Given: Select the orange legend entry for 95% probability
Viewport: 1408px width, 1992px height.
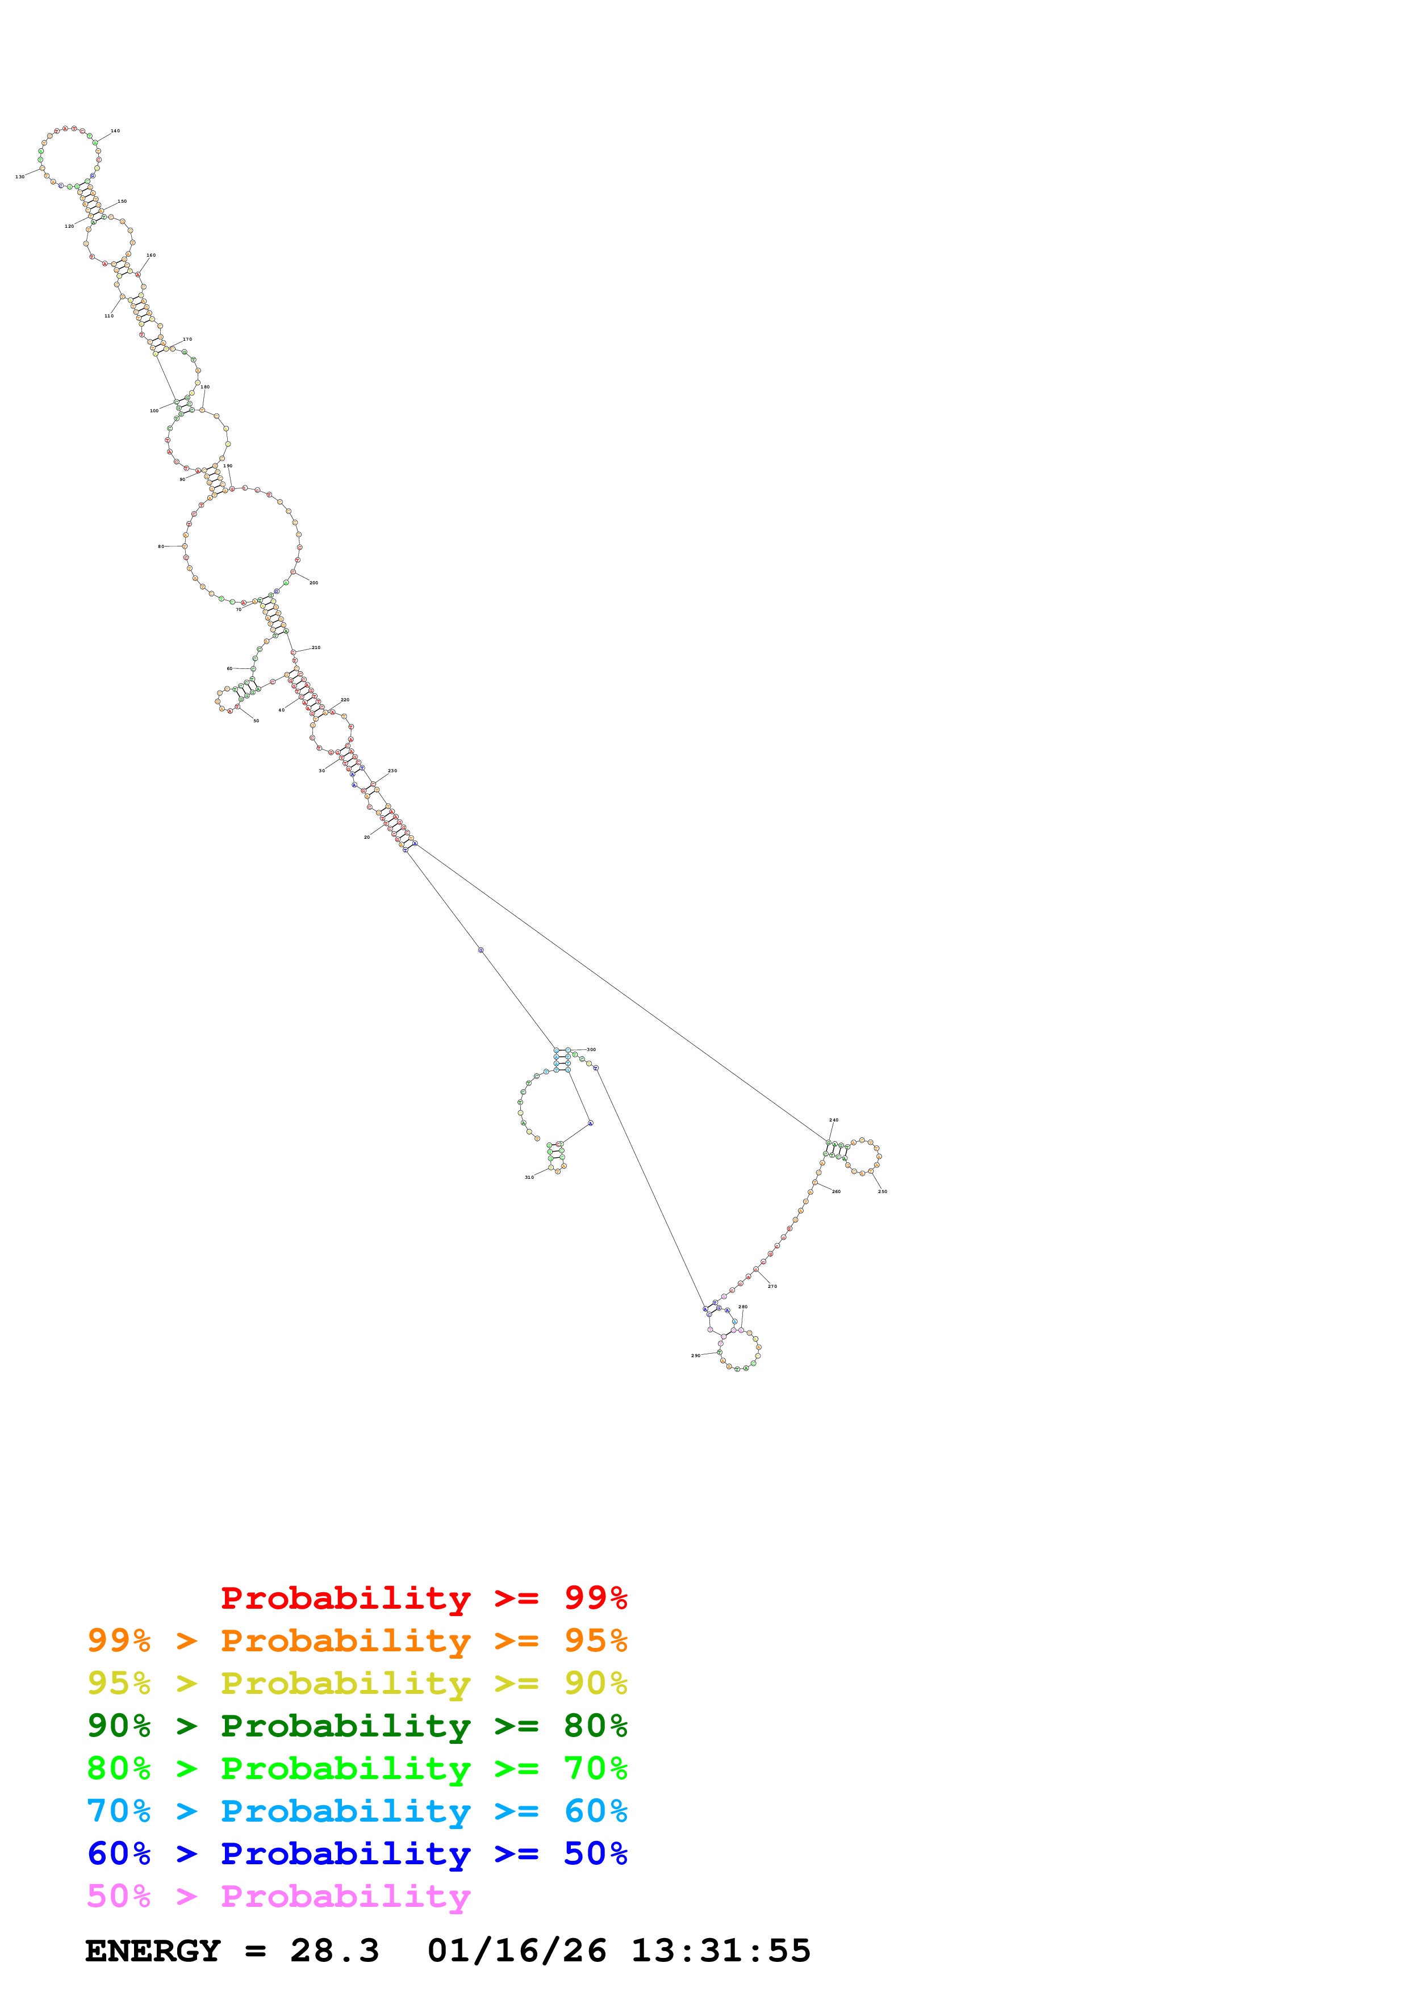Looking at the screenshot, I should [x=357, y=1641].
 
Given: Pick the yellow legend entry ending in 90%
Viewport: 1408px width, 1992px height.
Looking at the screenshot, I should [x=357, y=1683].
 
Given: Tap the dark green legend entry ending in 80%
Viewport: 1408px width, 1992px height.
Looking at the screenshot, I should [x=357, y=1726].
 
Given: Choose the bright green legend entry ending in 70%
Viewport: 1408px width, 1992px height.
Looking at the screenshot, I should [x=357, y=1768].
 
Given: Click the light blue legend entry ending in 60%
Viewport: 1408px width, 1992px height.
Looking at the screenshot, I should [x=357, y=1811].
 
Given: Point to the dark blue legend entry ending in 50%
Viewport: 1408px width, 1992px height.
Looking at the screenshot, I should [x=357, y=1853].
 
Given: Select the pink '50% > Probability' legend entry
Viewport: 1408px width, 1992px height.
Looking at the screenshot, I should [x=278, y=1895].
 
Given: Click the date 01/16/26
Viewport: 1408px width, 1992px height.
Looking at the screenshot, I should [x=516, y=1951].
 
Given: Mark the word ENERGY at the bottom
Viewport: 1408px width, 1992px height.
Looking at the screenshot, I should [x=153, y=1951].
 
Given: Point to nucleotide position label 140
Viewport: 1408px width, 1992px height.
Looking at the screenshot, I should [x=115, y=131].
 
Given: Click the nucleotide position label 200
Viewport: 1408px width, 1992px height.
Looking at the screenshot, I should [x=314, y=583].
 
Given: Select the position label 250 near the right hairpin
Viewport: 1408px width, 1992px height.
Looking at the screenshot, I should [x=882, y=1191].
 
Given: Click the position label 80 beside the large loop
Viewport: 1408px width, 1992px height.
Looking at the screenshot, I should [x=161, y=547].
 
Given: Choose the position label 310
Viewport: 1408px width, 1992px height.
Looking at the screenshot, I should [x=529, y=1177].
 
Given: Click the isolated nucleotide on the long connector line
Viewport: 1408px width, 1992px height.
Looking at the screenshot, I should [x=481, y=950].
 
